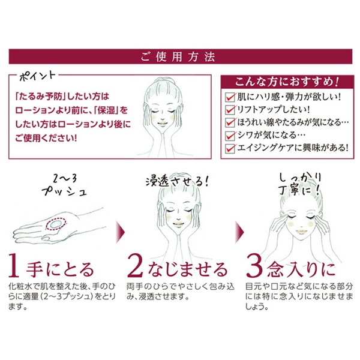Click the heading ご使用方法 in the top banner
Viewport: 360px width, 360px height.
pos(179,58)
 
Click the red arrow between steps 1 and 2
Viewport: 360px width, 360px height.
pos(119,227)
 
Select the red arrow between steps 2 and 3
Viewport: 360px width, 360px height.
pos(238,227)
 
